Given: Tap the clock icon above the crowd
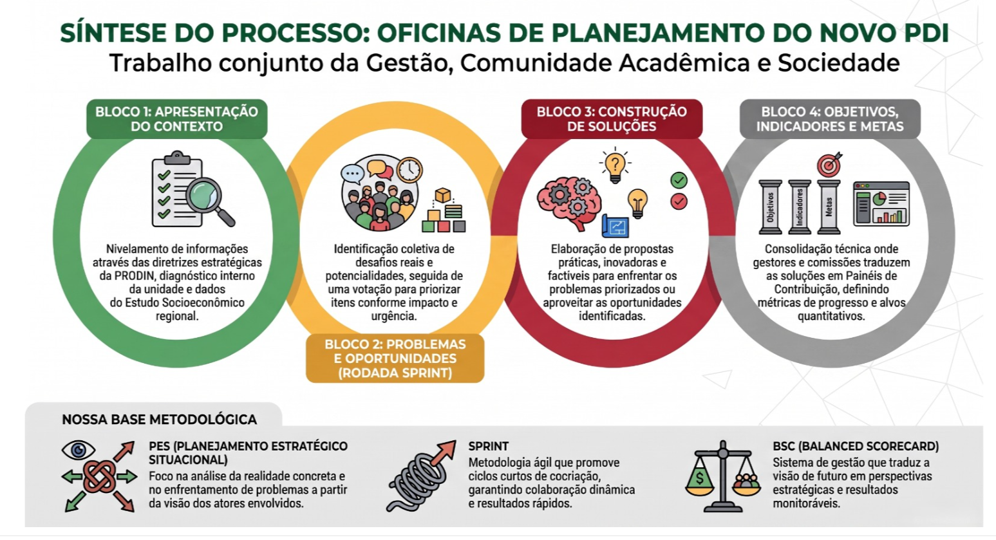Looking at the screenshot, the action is coord(409,169).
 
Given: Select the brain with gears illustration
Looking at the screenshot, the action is coord(569,202).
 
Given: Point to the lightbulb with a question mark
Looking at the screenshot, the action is coord(615,165).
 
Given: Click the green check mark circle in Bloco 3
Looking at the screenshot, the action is coord(679,180).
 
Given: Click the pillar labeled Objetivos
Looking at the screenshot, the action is coord(770,207).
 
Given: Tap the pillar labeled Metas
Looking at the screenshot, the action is coord(829,207).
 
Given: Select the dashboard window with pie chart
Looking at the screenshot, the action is coord(881,203).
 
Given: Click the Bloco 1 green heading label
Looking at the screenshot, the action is coord(177,118).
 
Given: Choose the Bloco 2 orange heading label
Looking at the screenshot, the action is coord(395,358).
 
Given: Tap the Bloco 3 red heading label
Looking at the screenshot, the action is coord(612,118).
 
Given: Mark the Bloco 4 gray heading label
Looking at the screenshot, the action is coord(830,118).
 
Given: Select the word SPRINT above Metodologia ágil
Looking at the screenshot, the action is coord(488,446).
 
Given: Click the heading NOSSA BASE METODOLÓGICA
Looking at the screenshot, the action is coord(159,420).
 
